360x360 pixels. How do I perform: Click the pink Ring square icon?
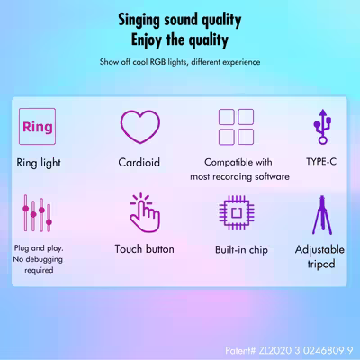37,126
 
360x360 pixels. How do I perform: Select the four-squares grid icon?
236,127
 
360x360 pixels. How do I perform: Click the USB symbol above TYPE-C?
322,127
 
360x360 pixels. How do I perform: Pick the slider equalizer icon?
37,213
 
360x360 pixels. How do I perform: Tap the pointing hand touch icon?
145,212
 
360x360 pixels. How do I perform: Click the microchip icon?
237,213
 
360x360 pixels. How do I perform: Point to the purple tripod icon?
322,215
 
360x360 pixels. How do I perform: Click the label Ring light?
39,163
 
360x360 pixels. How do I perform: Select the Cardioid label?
139,162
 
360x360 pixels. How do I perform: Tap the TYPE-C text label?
321,162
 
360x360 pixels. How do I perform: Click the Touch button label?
144,249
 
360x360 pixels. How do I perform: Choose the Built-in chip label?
241,249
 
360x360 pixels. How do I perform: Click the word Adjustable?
319,249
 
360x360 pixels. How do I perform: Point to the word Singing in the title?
139,20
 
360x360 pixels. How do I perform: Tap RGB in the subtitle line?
157,62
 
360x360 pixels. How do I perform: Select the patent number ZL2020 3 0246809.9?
306,350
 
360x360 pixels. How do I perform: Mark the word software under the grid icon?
272,176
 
